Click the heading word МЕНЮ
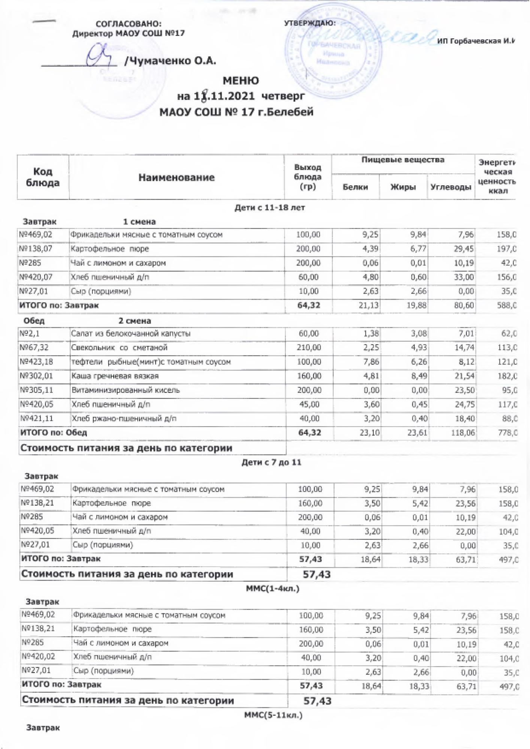(x=240, y=81)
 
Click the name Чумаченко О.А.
(x=170, y=61)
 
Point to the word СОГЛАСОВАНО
(x=128, y=24)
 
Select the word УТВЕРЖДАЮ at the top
(x=310, y=23)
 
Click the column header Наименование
(x=176, y=178)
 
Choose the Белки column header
(x=355, y=187)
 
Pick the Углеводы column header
(x=451, y=187)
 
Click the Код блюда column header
(x=43, y=177)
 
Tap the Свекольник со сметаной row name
(x=119, y=348)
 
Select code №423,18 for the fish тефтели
(x=34, y=362)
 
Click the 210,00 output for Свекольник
(x=309, y=348)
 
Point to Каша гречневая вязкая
(x=115, y=376)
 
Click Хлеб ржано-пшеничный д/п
(x=124, y=419)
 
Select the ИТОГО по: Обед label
(x=54, y=433)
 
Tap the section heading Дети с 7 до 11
(x=271, y=463)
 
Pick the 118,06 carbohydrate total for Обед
(x=463, y=433)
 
